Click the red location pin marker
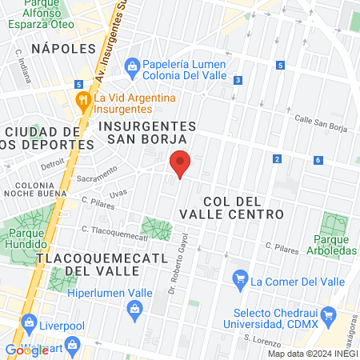click(181, 162)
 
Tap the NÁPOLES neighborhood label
click(58, 49)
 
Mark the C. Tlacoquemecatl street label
click(115, 233)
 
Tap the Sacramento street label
click(96, 176)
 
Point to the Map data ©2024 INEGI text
click(313, 354)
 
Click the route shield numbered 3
click(238, 80)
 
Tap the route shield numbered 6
click(318, 161)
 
